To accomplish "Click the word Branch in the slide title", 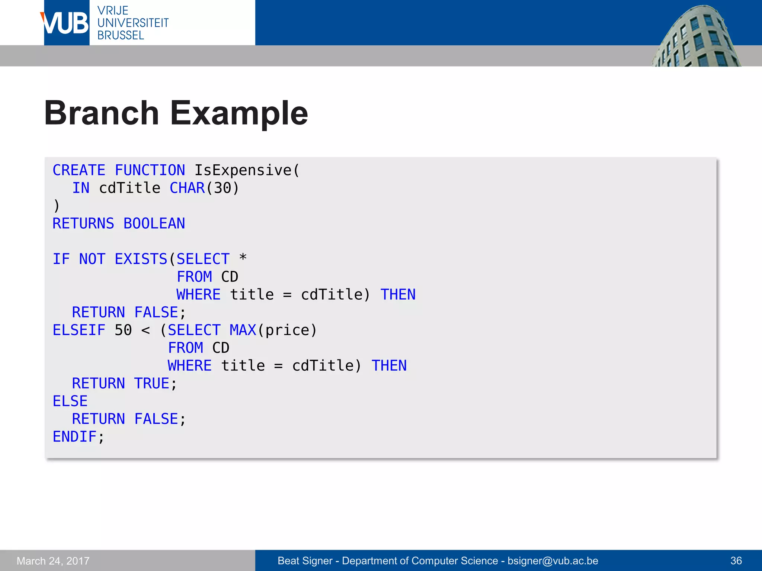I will pyautogui.click(x=102, y=113).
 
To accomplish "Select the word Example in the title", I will pyautogui.click(x=239, y=113).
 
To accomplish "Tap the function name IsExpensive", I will pyautogui.click(x=243, y=170).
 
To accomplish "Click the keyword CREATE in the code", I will pyautogui.click(x=79, y=170).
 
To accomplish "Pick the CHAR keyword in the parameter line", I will pyautogui.click(x=187, y=188).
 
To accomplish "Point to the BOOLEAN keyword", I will pyautogui.click(x=154, y=223).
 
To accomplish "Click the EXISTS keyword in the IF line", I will pyautogui.click(x=141, y=259).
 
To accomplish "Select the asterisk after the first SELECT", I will pyautogui.click(x=243, y=257).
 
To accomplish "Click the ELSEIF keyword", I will pyautogui.click(x=79, y=330).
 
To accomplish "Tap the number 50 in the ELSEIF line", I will pyautogui.click(x=123, y=330).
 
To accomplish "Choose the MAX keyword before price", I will pyautogui.click(x=243, y=330).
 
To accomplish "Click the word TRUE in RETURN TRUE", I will pyautogui.click(x=151, y=383).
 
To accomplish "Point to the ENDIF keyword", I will pyautogui.click(x=74, y=437).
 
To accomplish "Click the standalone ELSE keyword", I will pyautogui.click(x=70, y=401).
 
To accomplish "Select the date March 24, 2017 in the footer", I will pyautogui.click(x=53, y=561).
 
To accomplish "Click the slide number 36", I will pyautogui.click(x=736, y=561).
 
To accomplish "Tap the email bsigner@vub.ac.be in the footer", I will pyautogui.click(x=553, y=561).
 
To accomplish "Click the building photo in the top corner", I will pyautogui.click(x=696, y=37).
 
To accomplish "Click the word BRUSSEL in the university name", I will pyautogui.click(x=121, y=36).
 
